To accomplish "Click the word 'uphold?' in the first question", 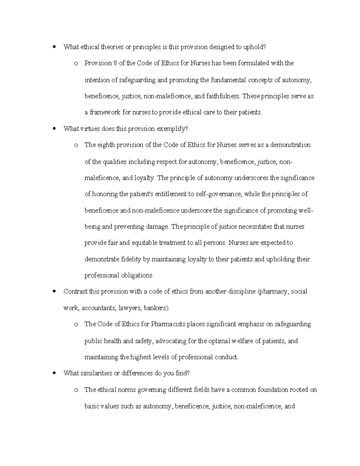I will (x=255, y=47).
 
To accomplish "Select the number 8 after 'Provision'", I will (x=114, y=63).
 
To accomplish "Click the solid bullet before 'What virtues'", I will (x=54, y=129).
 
